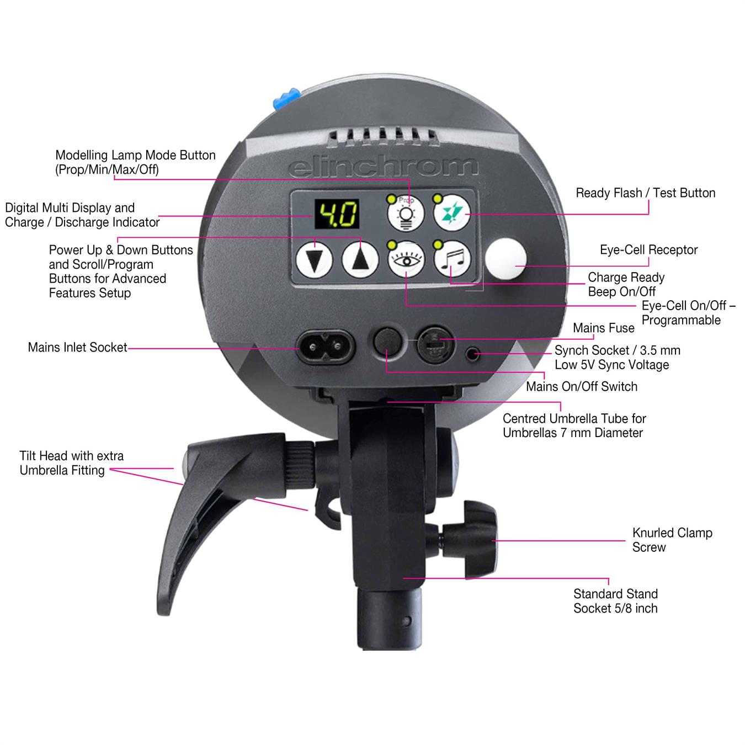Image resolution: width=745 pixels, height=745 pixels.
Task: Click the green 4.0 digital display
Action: coord(337,214)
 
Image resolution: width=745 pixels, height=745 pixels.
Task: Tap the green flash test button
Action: coord(451,213)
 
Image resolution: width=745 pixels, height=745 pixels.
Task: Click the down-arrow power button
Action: coord(315,260)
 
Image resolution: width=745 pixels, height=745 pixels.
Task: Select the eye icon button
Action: coord(406,259)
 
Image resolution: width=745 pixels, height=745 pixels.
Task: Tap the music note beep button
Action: coord(452,259)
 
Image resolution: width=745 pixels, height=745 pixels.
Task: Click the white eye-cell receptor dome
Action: coord(505,259)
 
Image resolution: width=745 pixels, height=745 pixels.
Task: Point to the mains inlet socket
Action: coord(324,346)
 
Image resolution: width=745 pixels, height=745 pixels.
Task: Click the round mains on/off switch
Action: coord(387,342)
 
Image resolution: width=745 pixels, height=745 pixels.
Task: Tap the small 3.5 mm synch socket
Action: coord(472,353)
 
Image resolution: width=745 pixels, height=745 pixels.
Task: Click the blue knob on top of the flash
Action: coord(286,98)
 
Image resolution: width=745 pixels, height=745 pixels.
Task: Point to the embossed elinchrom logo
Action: coord(383,166)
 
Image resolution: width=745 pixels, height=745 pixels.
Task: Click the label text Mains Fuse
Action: coord(604,328)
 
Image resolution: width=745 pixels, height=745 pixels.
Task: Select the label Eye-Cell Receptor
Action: coord(648,250)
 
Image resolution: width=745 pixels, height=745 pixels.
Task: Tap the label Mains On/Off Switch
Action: coord(582,386)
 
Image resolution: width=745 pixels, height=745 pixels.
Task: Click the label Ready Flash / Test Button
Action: coord(645,193)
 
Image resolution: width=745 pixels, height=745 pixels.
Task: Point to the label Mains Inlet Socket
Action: coord(77,347)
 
